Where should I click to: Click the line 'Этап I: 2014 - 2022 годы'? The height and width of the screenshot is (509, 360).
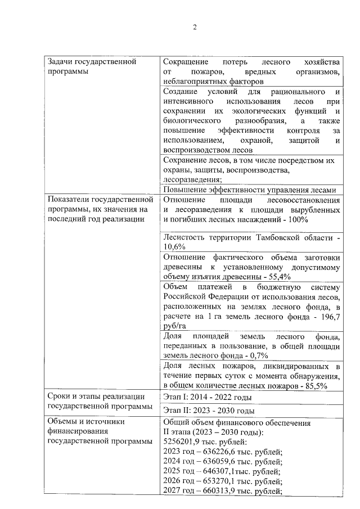click(206, 397)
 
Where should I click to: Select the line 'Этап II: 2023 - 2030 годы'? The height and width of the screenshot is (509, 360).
click(208, 410)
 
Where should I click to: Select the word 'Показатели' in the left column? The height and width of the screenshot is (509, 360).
click(69, 200)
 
